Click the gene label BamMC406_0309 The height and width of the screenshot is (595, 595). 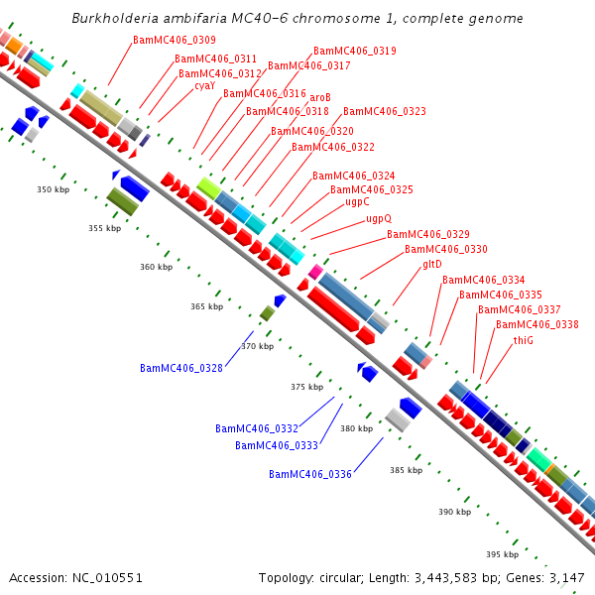[175, 40]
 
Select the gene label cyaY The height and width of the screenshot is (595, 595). [204, 86]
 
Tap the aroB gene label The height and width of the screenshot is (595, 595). [320, 97]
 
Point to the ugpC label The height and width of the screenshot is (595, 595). [357, 202]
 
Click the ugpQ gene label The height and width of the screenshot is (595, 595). [379, 218]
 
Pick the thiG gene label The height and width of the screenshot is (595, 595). [524, 340]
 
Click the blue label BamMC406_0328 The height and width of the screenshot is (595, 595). [181, 368]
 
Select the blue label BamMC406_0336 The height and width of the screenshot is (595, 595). [310, 474]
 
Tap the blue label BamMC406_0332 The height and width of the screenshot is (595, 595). [257, 428]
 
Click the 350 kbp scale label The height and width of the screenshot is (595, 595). [54, 189]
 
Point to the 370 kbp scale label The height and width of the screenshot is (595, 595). [257, 346]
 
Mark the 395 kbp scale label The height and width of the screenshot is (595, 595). [502, 554]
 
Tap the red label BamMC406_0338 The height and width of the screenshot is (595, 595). [536, 324]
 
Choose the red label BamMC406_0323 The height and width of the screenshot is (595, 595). [385, 111]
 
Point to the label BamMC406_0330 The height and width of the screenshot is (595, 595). [445, 249]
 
